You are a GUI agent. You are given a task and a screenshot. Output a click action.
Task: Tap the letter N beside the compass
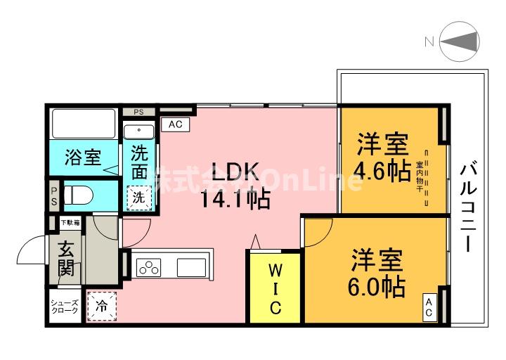click(428, 41)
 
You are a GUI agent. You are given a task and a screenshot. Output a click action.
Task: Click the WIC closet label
click(275, 288)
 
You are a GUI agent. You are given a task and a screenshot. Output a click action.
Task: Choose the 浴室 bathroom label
click(82, 157)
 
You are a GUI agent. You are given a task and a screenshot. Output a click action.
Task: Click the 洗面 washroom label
click(141, 162)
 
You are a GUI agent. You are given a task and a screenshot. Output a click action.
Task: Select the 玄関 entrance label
click(65, 258)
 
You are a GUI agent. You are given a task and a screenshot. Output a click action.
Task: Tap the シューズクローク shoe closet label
click(65, 307)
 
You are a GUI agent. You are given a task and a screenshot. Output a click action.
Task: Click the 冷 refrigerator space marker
click(102, 307)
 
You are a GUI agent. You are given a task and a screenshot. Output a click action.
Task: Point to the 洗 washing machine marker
click(140, 198)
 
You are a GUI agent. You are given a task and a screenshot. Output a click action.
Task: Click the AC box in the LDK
click(176, 124)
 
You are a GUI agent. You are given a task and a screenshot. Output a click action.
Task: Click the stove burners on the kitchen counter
click(150, 267)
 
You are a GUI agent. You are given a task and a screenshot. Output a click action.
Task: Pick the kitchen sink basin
click(191, 267)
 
